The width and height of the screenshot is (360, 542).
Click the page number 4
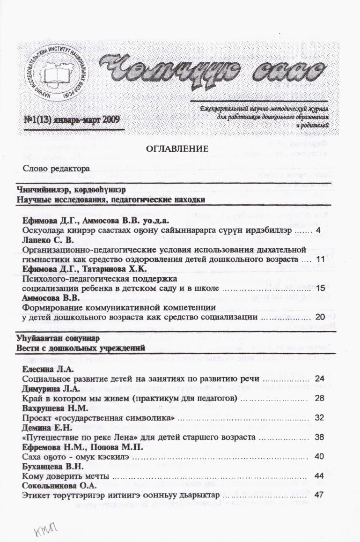[x=318, y=231]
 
